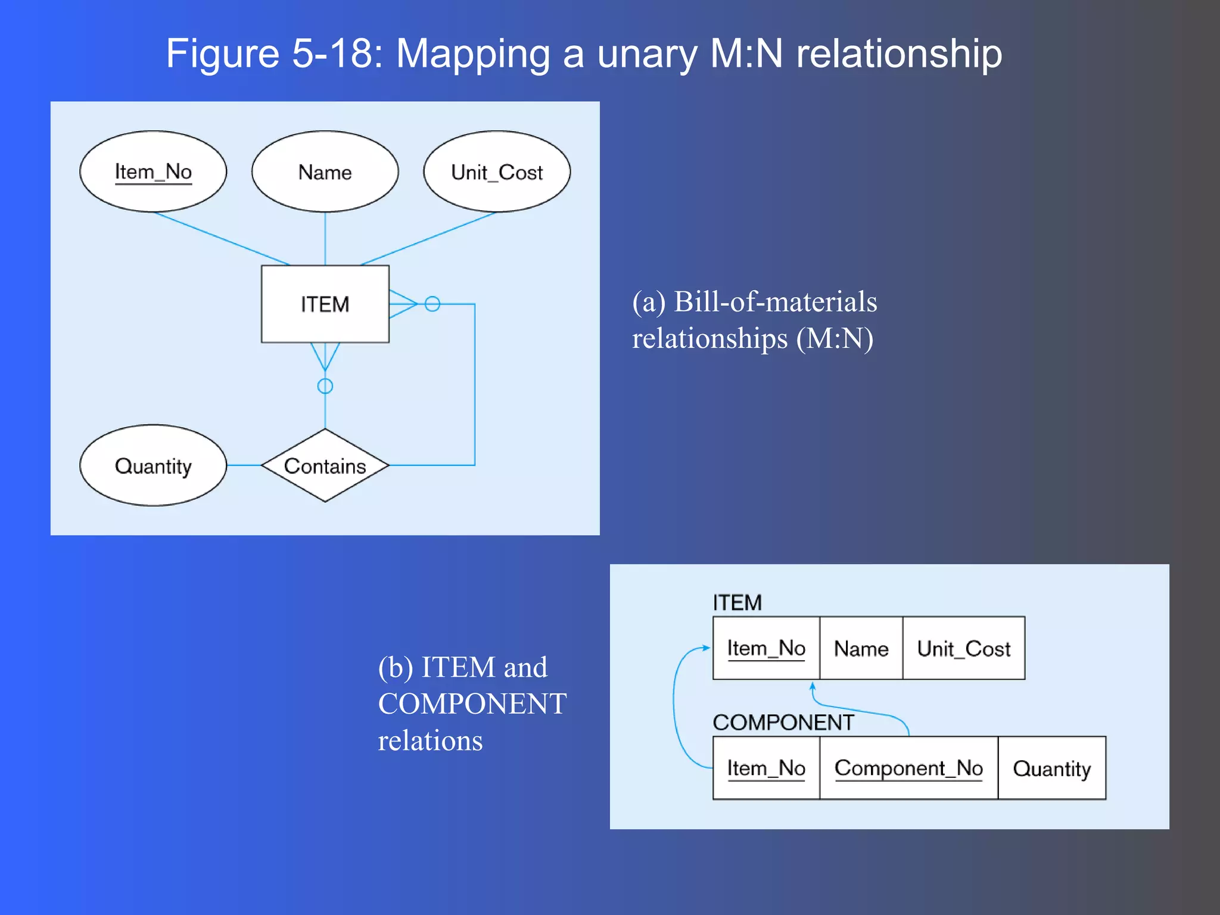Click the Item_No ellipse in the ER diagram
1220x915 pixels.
153,172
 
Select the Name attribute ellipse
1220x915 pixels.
325,172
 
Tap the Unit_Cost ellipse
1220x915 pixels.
497,172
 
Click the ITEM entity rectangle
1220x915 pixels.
325,304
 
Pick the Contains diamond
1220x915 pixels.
325,465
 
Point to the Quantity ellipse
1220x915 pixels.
153,465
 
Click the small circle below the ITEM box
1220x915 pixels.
325,386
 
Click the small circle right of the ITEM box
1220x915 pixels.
432,304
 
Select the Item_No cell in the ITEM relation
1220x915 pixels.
766,648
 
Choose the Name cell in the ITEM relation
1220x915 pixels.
861,648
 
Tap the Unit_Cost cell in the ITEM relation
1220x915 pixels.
964,648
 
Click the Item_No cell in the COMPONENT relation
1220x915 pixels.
766,768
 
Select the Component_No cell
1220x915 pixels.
908,768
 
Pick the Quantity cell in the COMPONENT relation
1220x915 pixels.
1052,768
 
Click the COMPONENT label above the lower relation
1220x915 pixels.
783,723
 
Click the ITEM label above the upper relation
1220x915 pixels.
737,603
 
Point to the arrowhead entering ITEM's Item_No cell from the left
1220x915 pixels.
707,648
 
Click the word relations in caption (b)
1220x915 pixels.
430,741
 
